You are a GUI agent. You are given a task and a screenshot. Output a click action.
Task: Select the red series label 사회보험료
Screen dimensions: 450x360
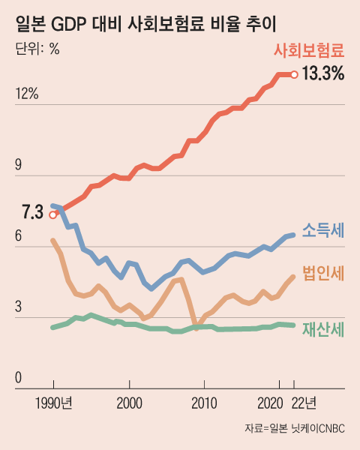coord(309,51)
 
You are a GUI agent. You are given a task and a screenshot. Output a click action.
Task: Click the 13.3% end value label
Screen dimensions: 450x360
coord(322,74)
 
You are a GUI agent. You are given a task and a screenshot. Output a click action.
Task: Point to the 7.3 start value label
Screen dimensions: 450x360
coord(32,214)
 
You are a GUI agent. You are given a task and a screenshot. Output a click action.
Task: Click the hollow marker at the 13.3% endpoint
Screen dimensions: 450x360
coord(295,74)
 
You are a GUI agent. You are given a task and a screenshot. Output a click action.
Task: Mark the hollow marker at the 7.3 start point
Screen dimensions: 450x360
coord(52,214)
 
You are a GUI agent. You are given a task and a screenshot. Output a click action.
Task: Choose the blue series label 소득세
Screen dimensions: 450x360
coord(323,232)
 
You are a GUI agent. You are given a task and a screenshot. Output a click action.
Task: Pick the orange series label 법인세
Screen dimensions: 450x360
coord(323,274)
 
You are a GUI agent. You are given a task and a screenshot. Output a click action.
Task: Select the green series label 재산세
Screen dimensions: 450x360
coord(323,329)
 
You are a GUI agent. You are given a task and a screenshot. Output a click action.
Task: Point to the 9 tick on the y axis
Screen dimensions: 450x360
coord(20,166)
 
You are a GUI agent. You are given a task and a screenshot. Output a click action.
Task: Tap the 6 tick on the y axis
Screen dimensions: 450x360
coord(20,236)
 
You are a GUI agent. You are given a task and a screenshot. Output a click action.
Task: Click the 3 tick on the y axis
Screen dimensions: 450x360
coord(20,307)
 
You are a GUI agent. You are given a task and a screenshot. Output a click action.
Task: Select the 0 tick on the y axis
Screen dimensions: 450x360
coord(20,379)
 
